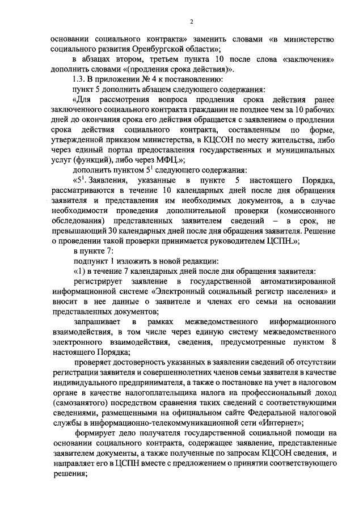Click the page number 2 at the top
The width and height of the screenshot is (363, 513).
click(191, 22)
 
